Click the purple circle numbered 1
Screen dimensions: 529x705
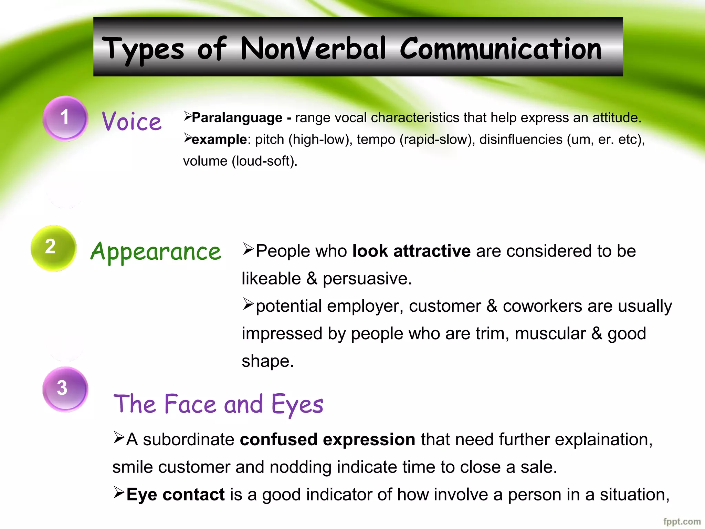[65, 118]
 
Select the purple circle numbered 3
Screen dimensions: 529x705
[65, 389]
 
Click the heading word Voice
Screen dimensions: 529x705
[132, 121]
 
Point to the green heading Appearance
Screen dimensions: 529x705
[156, 252]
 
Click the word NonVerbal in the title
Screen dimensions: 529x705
[313, 49]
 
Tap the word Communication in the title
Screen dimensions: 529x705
[501, 49]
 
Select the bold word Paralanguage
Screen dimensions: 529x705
[237, 118]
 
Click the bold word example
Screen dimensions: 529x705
[219, 139]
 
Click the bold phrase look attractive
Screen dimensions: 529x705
[411, 251]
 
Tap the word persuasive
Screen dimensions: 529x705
[367, 279]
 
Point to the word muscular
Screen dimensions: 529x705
[550, 333]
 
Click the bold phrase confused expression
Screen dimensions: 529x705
[327, 439]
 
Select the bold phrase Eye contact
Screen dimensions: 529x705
[176, 495]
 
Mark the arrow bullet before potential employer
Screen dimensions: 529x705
[248, 304]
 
